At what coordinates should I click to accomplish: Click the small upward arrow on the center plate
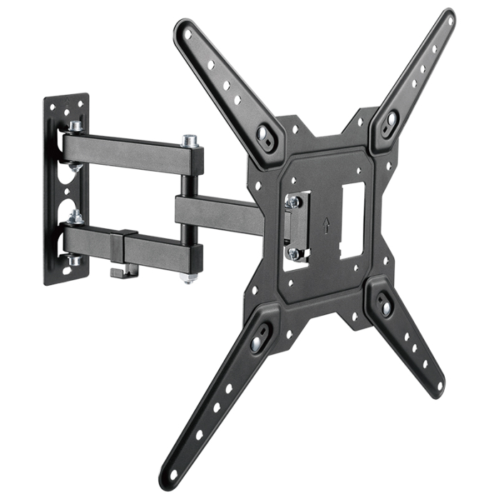326,226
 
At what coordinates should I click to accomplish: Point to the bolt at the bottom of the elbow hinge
189,277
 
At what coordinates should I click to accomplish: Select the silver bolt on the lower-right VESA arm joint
386,307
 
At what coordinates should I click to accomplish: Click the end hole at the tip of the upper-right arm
448,20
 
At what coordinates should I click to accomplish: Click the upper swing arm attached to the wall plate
128,149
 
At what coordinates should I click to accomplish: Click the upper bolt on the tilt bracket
292,202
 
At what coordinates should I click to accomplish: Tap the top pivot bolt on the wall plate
75,126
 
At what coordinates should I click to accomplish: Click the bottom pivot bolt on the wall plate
73,260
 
